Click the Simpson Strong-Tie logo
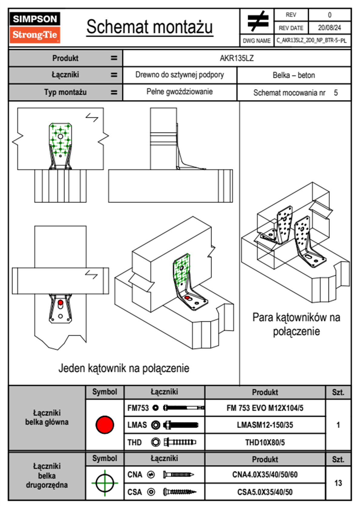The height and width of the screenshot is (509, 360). [35, 28]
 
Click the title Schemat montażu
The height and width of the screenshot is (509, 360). [149, 27]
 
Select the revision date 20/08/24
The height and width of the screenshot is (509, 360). [329, 28]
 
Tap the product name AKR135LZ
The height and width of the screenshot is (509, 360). [237, 58]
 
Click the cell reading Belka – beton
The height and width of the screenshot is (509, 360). [294, 75]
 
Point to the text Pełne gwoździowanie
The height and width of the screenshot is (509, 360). [179, 92]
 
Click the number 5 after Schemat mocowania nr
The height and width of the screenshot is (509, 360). [336, 93]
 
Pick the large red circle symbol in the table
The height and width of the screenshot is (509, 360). [105, 425]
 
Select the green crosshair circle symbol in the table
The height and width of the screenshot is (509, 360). [105, 483]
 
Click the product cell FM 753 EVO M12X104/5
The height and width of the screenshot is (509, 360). [265, 408]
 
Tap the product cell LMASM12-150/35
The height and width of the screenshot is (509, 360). [265, 425]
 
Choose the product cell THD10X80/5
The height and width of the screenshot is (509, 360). [265, 442]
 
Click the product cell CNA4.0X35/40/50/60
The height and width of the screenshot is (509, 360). [265, 475]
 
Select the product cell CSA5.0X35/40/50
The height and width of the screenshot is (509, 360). [265, 492]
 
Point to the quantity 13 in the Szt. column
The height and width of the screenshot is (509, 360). [338, 483]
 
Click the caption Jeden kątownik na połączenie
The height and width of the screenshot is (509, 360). [124, 368]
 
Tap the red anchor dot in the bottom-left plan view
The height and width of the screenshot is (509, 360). [61, 302]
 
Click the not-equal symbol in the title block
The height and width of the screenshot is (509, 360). [257, 21]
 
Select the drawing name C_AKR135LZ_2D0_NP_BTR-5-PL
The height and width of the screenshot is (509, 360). [311, 41]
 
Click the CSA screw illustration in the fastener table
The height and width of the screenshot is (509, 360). [179, 492]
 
